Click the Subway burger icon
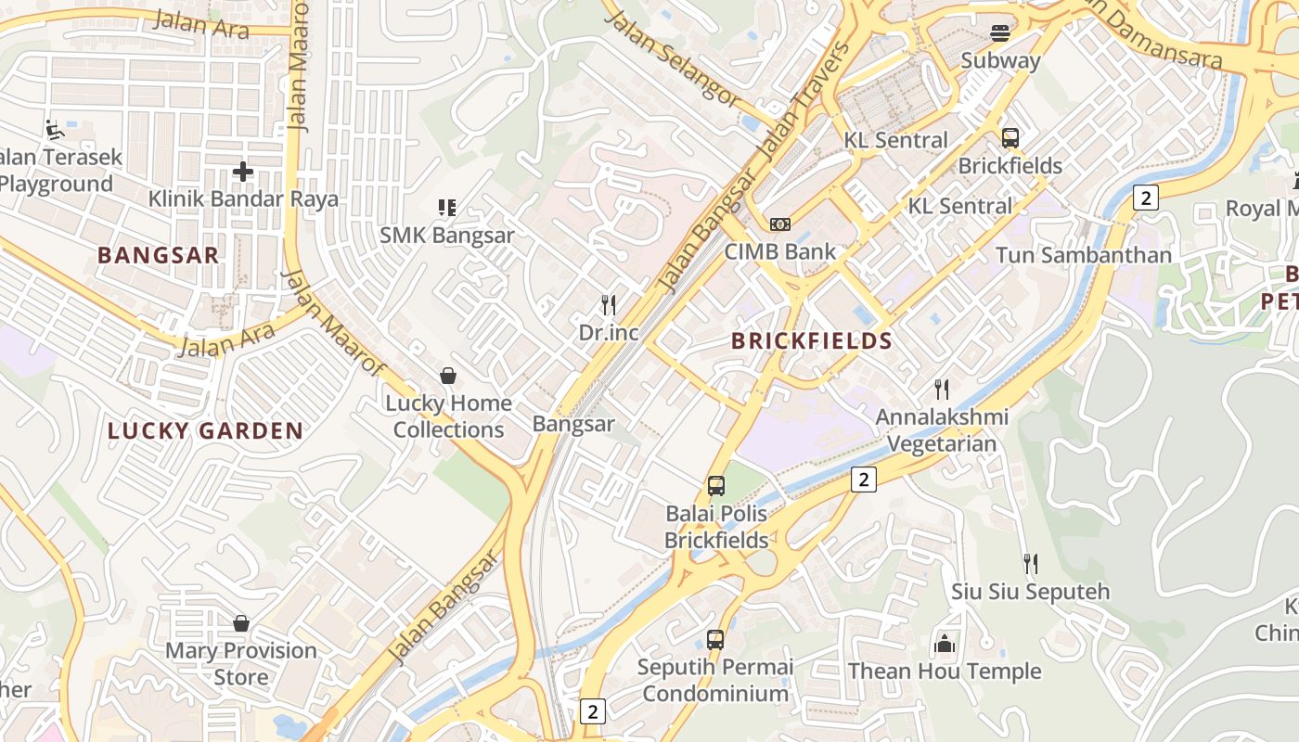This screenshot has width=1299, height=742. [x=999, y=33]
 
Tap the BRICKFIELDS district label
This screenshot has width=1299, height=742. [x=812, y=340]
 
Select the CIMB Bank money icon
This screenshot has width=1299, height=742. [x=780, y=224]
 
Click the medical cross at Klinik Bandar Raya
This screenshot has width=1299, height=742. [x=243, y=172]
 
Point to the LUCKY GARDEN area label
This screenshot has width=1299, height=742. [x=205, y=430]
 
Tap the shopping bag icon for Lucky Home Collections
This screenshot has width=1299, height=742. [x=448, y=376]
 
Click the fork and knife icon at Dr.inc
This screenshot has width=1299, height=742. [x=609, y=304]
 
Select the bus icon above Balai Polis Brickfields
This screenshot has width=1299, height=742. [x=715, y=485]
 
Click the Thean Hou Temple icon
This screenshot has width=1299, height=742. [x=945, y=643]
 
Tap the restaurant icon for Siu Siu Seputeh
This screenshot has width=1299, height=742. [x=1030, y=563]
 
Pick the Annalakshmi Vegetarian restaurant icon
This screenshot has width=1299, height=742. [x=942, y=389]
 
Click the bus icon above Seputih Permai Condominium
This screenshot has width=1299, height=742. [x=714, y=639]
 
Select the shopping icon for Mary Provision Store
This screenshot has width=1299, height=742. [x=241, y=623]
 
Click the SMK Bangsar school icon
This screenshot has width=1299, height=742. [x=447, y=207]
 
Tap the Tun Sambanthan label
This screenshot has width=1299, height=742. [x=1083, y=254]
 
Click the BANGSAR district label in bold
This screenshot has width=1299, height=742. [x=159, y=255]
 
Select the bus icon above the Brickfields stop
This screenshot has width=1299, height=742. [x=1010, y=138]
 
